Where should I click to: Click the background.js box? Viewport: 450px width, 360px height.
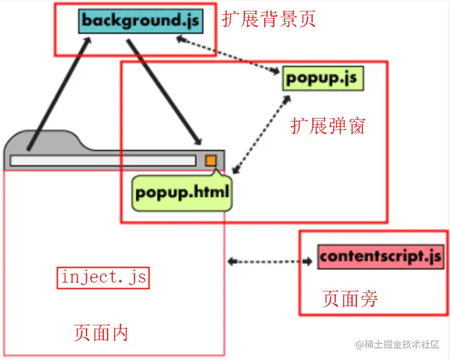140,20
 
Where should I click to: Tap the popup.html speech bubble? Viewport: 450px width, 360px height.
182,192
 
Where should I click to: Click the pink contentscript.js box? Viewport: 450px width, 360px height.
380,257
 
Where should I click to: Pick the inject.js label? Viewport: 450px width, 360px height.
103,278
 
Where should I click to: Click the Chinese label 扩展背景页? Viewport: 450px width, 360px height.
269,19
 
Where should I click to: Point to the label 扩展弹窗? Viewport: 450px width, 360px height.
328,126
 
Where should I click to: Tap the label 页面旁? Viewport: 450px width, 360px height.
349,298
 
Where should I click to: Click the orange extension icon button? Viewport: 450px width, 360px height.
210,160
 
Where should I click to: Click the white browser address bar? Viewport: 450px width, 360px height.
103,161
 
